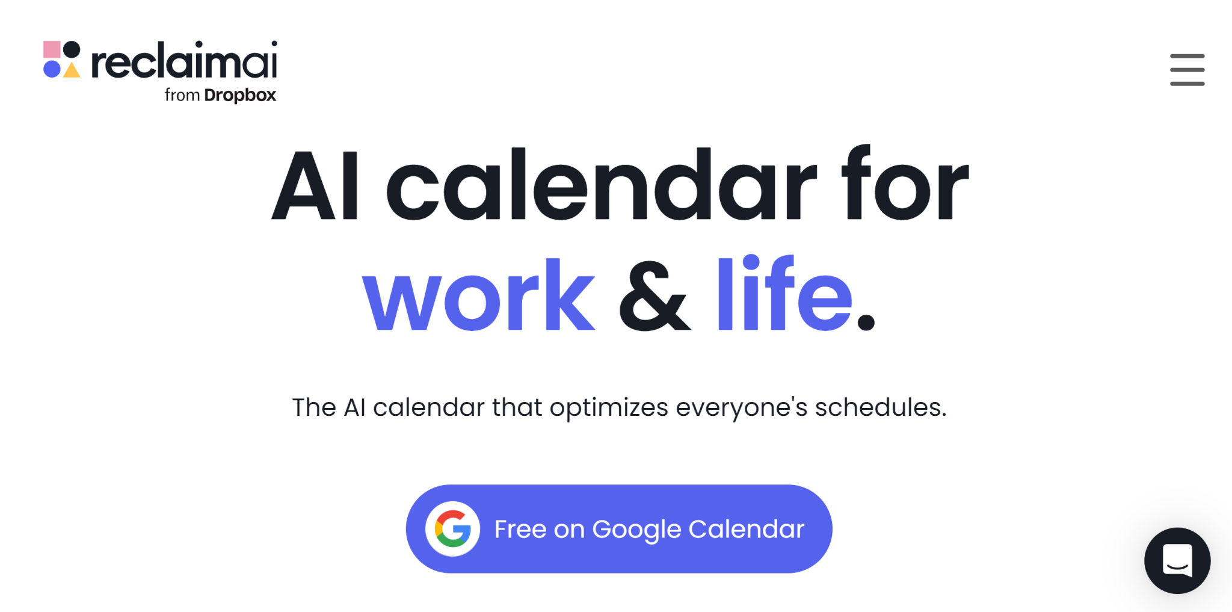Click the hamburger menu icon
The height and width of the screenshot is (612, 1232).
coord(1187,70)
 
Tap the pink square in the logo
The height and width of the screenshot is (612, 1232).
coord(52,49)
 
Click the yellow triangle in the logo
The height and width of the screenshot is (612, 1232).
coord(72,70)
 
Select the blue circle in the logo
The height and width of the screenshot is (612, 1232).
coord(52,69)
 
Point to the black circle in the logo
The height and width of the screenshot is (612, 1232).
coord(72,49)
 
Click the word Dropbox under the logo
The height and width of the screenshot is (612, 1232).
coord(240,95)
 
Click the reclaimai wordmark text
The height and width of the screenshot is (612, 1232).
coord(183,61)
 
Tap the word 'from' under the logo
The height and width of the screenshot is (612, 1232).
coord(182,95)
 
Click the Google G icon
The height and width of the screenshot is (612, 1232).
coord(452,529)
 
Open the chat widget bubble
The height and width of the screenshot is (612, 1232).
coord(1177,560)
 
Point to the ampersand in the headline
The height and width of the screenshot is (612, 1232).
coord(654,296)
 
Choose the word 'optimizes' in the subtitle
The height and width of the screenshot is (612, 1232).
coord(609,408)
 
